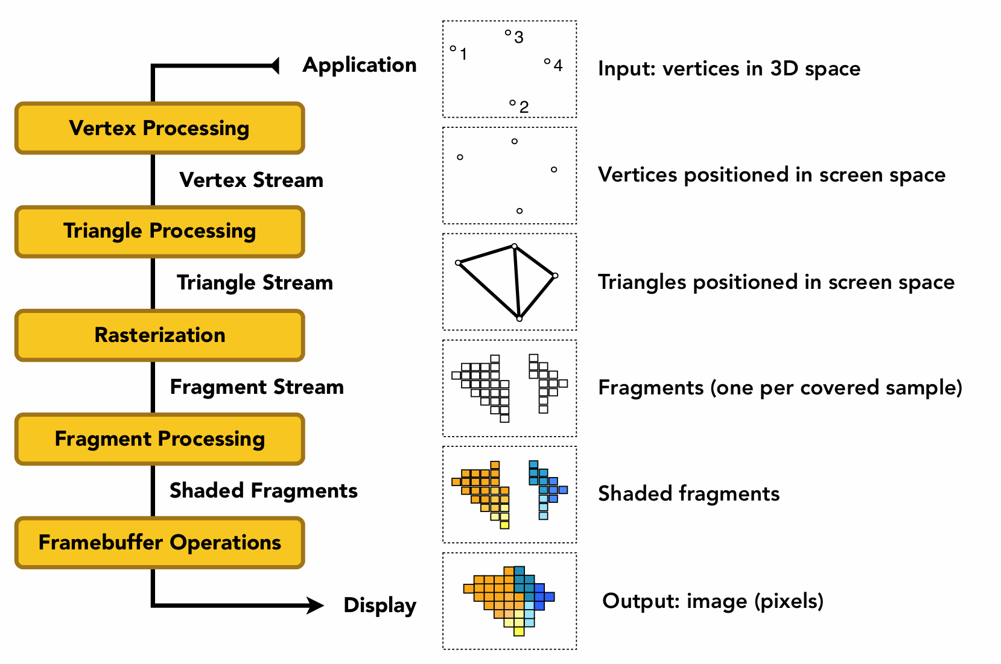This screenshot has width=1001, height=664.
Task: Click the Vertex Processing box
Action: (x=159, y=128)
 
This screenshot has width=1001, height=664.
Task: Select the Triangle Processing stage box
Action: (x=159, y=232)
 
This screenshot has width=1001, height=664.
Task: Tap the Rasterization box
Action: (x=159, y=335)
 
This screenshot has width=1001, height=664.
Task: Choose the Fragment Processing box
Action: (x=159, y=439)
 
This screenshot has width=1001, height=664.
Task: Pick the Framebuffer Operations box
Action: (x=159, y=543)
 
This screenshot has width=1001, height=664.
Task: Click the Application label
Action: (x=360, y=65)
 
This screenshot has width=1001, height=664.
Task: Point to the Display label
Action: (x=380, y=605)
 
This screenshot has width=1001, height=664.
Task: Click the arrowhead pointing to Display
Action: (x=315, y=605)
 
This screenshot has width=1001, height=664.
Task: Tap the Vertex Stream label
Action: (x=251, y=180)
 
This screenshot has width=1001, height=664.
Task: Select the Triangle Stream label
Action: (x=255, y=282)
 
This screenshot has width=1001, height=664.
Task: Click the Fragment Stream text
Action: (x=256, y=387)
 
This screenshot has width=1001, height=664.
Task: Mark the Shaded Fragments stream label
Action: (x=263, y=490)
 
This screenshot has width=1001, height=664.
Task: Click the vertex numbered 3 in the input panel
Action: (x=508, y=33)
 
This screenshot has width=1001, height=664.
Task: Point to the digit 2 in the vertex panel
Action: (x=524, y=107)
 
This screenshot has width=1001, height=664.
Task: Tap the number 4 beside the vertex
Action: (x=558, y=66)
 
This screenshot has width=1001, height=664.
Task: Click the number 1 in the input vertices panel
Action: (x=463, y=54)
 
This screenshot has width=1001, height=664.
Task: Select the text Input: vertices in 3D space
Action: (x=729, y=69)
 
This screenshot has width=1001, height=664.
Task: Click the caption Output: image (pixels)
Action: (x=713, y=601)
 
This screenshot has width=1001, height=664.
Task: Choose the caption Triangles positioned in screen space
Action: (x=776, y=282)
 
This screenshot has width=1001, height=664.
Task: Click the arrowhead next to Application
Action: (x=275, y=65)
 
